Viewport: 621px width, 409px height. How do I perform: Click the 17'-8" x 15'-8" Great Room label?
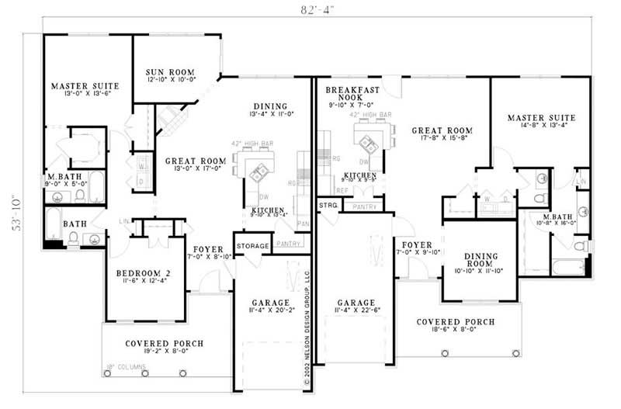pos(442,135)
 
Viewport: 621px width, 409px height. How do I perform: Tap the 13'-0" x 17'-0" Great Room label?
pos(196,165)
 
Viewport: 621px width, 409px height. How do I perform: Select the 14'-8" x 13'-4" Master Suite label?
pos(542,123)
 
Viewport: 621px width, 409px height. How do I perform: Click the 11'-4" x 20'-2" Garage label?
pos(270,307)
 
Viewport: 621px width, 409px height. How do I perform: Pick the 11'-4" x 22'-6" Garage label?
pos(357,307)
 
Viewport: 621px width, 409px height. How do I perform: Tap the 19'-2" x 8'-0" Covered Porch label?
pos(165,348)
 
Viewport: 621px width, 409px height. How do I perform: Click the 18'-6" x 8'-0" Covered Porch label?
pos(455,326)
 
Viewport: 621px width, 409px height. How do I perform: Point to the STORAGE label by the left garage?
pos(252,246)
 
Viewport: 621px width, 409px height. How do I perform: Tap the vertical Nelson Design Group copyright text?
pos(307,327)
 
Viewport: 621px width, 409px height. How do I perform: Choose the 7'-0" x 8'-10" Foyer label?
pos(208,253)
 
